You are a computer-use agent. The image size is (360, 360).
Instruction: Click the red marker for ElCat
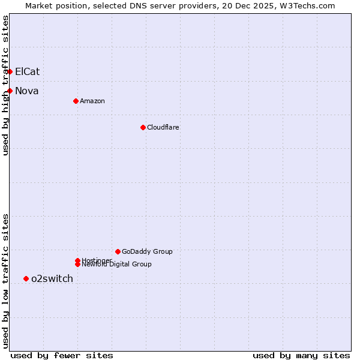pos(10,71)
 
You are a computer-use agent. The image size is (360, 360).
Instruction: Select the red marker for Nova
pos(10,91)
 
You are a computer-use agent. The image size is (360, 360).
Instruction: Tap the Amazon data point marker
pos(76,101)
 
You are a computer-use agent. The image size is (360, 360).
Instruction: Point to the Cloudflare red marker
pos(143,127)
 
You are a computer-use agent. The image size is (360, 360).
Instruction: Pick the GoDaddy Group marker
pos(118,251)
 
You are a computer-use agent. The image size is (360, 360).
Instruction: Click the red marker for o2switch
pos(26,278)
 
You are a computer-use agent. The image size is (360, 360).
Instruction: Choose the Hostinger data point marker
pos(77,260)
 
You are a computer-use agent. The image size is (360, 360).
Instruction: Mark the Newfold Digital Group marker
pos(77,264)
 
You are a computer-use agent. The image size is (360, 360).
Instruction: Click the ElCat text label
pos(27,71)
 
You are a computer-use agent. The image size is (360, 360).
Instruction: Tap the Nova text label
pos(26,91)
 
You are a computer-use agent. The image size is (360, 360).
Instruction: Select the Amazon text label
pos(92,101)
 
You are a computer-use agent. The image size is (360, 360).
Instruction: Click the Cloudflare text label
pos(163,127)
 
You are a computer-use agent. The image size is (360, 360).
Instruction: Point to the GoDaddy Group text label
pos(147,251)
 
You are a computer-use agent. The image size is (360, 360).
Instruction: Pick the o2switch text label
pos(52,278)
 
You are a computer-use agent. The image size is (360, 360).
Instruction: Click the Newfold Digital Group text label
pos(116,265)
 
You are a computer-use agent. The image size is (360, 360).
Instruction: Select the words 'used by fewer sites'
pos(62,355)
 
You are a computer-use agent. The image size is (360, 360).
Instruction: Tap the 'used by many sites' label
pos(301,355)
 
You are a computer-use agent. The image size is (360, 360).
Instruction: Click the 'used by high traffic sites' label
pos(5,85)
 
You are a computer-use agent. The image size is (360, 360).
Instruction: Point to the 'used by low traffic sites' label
pos(5,280)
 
